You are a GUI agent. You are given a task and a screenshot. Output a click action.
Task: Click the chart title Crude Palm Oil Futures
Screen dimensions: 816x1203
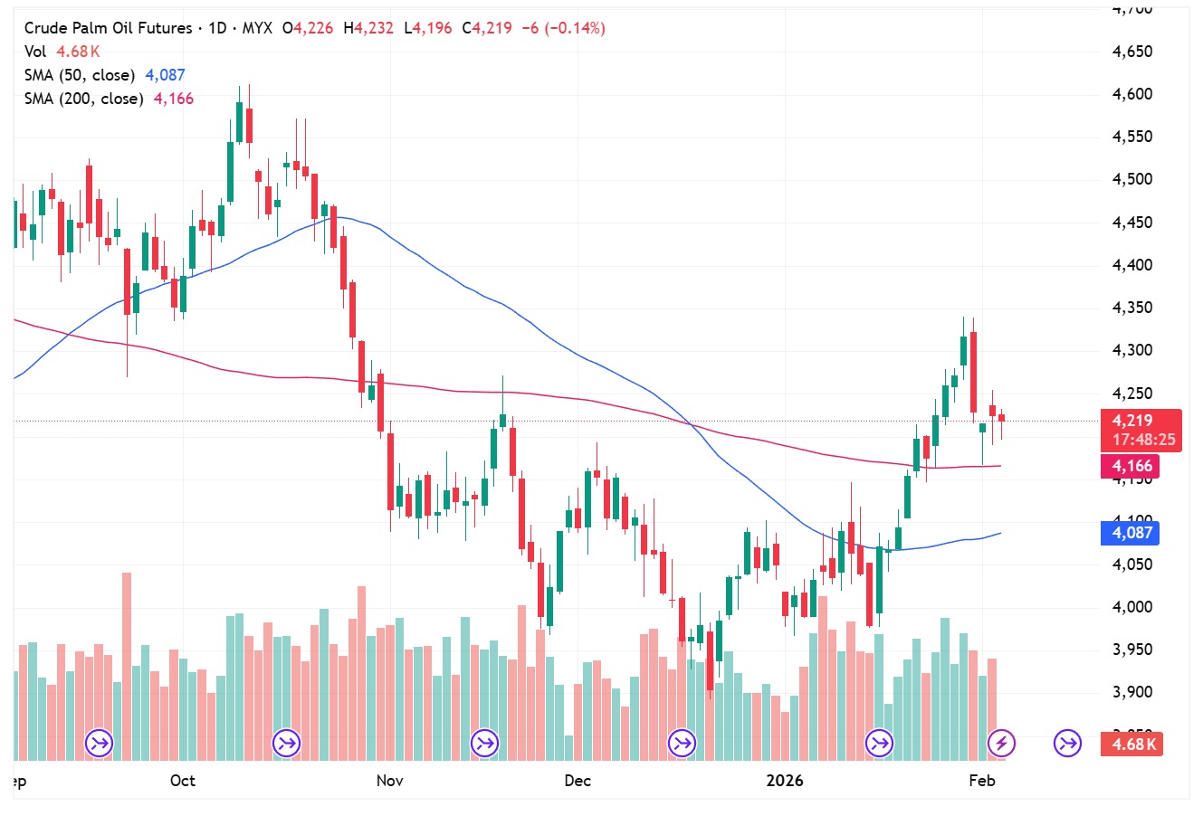tap(108, 28)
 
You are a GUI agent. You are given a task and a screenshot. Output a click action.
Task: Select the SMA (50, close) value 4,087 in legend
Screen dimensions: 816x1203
tap(165, 75)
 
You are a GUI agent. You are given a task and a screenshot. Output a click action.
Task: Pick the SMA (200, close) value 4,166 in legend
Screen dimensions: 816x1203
tap(174, 99)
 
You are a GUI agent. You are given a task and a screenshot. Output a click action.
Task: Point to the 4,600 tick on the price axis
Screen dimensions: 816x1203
tap(1132, 94)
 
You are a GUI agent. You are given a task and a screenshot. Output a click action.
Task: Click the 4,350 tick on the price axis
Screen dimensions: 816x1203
tap(1132, 308)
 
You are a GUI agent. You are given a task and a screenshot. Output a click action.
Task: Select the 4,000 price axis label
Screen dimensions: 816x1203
tap(1132, 607)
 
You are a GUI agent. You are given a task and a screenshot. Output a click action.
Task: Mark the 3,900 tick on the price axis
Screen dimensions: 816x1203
tap(1132, 692)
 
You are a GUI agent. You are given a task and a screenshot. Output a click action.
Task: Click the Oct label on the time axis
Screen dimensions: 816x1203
tap(183, 781)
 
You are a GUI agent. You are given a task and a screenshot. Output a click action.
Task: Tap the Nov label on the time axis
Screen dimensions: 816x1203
tap(389, 781)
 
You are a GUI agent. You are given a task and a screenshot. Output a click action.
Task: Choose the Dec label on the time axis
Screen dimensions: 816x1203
tap(577, 781)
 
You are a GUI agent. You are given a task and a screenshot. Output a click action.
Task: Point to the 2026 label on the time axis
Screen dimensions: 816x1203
tap(784, 781)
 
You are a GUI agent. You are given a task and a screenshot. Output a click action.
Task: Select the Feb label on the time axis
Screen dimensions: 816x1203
tap(982, 781)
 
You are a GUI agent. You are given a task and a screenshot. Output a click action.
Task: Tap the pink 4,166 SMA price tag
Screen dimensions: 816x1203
tap(1132, 467)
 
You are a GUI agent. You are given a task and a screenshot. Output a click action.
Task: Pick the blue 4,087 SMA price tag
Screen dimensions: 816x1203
tap(1132, 533)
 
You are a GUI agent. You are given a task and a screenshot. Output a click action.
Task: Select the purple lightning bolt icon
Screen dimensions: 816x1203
tap(1001, 744)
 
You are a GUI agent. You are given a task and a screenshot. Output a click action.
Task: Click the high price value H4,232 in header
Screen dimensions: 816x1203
tap(368, 28)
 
